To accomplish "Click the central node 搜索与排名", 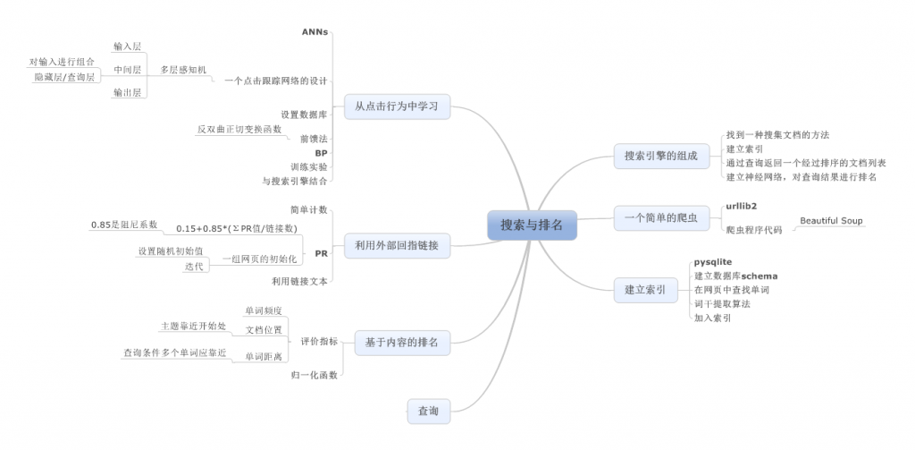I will click(x=533, y=225).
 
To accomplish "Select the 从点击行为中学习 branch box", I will click(x=397, y=106).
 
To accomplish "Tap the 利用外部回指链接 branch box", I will click(x=397, y=245).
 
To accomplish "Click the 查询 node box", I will click(x=428, y=411).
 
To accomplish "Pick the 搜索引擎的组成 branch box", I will click(x=660, y=156).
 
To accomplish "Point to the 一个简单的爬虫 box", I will click(x=660, y=217).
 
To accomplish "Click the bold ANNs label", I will click(x=315, y=31).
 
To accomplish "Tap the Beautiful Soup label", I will click(x=831, y=220).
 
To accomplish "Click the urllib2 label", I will click(x=742, y=208).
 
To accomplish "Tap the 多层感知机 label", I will click(x=183, y=69).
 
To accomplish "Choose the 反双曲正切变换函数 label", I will click(x=239, y=129).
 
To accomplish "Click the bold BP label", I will click(x=321, y=153).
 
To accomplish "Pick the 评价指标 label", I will click(x=318, y=341).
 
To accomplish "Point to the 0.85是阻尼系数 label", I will click(x=124, y=224).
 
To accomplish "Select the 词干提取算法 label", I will click(x=722, y=304).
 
